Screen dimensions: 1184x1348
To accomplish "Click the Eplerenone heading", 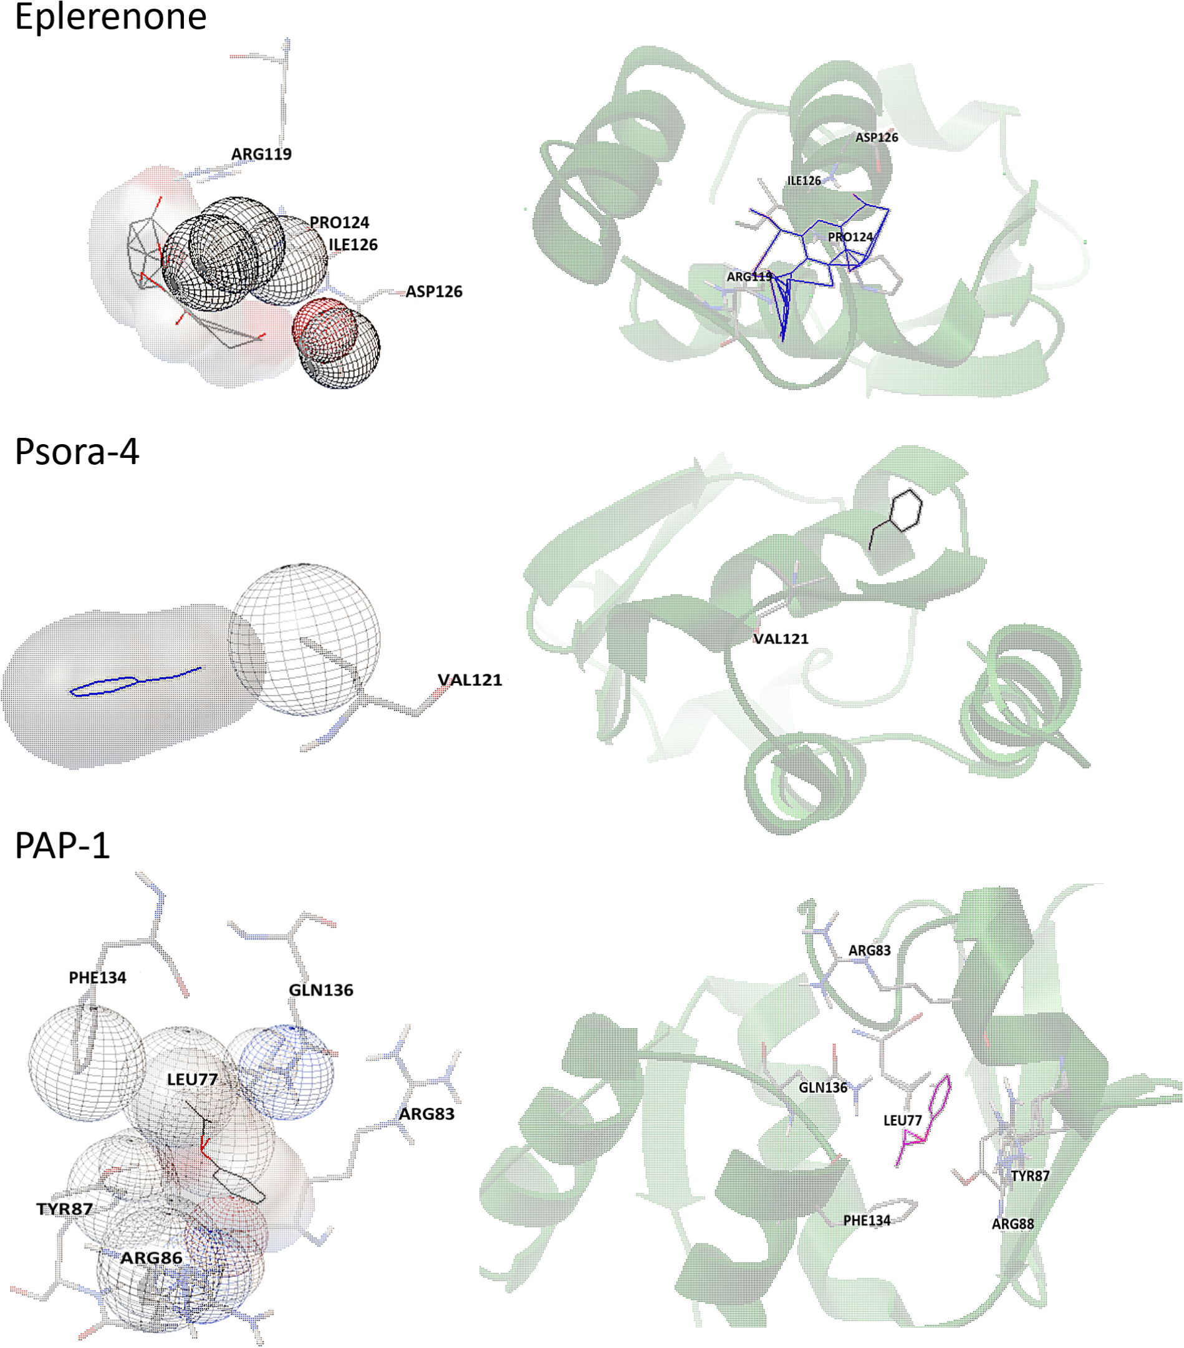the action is pos(111,16).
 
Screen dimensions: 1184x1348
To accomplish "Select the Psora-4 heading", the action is pos(77,452).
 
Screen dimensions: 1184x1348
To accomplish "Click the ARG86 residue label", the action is pos(151,1258).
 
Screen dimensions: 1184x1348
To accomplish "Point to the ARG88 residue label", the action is pos(1013,1224).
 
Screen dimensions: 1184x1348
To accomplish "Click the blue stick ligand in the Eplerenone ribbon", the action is pos(811,257).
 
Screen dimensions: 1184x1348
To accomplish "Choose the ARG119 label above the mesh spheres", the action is pos(261,154).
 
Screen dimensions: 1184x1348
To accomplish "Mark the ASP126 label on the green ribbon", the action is pos(876,138).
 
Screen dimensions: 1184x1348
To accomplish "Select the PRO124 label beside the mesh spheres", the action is pos(340,223).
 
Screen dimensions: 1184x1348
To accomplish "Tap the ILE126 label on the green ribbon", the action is pos(804,181).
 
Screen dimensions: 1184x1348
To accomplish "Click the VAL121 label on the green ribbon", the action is pos(781,638).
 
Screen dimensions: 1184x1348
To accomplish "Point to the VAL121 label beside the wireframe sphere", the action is pos(469,680).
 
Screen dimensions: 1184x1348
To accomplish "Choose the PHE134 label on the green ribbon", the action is pos(867,1221).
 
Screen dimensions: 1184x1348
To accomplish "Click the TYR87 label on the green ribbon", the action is pos(1030,1176).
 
